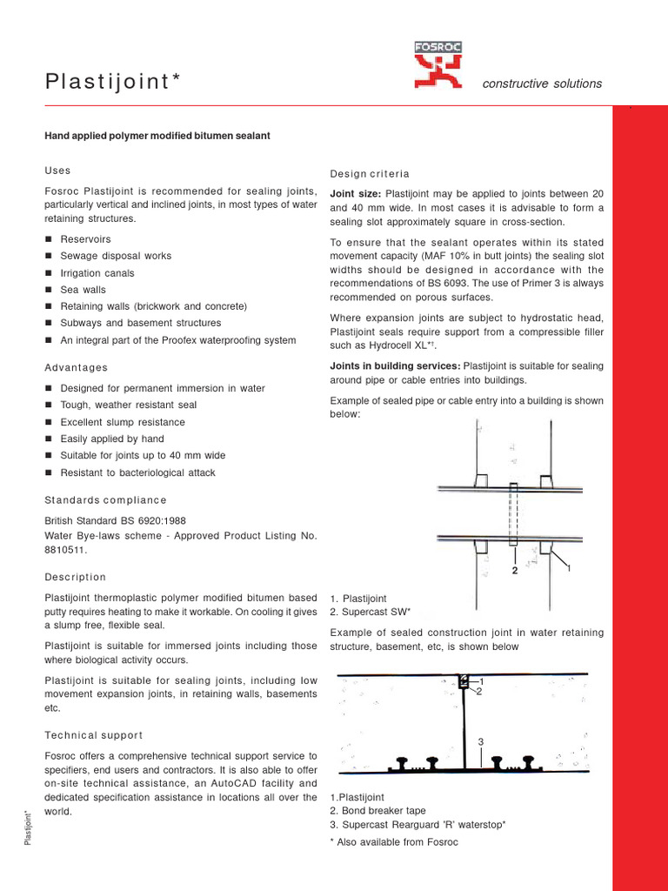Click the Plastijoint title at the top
[x=113, y=82]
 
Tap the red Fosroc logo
[x=438, y=66]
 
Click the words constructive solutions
[x=541, y=84]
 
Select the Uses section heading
[x=57, y=171]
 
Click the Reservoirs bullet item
[x=85, y=239]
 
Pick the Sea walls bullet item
[x=82, y=290]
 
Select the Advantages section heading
[x=76, y=368]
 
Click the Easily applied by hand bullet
[x=111, y=439]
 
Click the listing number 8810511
[x=65, y=550]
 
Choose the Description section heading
[x=75, y=577]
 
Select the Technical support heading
[x=93, y=735]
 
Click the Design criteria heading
[x=370, y=174]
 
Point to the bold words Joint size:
[x=356, y=192]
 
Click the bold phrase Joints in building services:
[x=396, y=366]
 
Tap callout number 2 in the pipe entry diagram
[x=515, y=572]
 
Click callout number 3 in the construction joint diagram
[x=479, y=740]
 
